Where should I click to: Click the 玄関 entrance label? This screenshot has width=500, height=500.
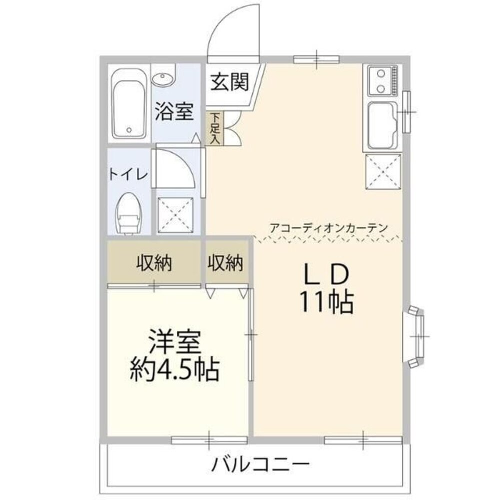(229, 82)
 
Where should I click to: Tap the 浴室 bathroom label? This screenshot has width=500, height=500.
(173, 111)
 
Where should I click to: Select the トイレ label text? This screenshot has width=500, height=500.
(128, 175)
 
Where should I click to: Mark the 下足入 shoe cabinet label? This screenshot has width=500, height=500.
(215, 128)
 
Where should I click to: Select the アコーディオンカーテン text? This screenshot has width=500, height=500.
(328, 227)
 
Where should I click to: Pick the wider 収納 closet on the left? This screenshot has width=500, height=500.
(154, 262)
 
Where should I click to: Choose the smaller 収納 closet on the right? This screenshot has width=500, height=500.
(225, 262)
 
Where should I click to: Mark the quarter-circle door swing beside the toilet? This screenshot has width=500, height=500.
(174, 167)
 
